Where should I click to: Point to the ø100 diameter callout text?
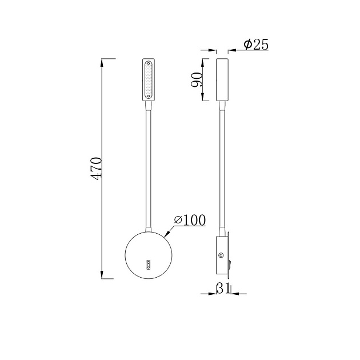click(x=189, y=220)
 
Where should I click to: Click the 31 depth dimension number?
click(x=223, y=289)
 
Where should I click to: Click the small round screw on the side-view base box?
click(x=221, y=256)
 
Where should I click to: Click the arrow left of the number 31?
click(x=212, y=294)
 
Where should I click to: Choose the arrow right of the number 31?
click(x=234, y=294)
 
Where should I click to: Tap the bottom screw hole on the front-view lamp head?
click(x=149, y=98)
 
